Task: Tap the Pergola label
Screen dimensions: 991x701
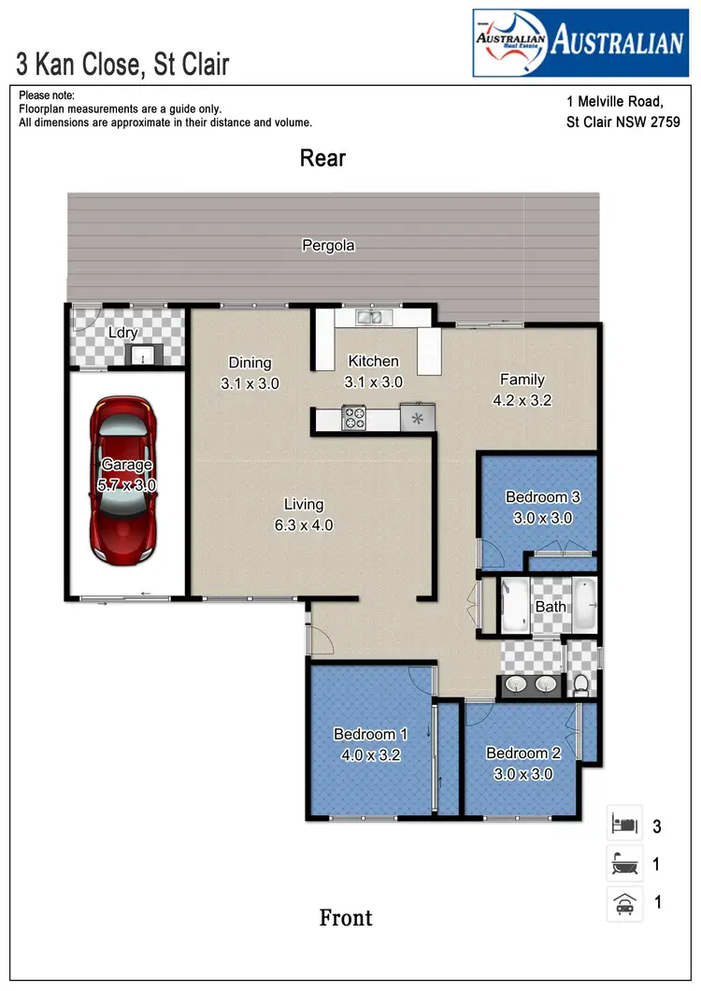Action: pos(328,246)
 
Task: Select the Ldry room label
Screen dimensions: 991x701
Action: pos(122,333)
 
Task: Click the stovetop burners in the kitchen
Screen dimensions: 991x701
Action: pos(354,417)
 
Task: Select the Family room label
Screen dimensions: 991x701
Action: pos(522,380)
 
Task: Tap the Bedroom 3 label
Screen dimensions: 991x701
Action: pos(536,496)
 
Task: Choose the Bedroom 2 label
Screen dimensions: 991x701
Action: pos(522,754)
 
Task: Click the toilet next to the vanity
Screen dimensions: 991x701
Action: pos(581,683)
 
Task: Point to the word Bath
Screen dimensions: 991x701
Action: pos(551,607)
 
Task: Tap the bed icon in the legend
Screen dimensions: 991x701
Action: pos(623,826)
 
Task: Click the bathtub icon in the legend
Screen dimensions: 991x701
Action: pos(623,865)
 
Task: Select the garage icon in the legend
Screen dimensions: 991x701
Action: pos(623,903)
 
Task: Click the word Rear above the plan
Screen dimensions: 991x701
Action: pos(322,158)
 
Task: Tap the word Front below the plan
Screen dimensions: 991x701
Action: pos(346,918)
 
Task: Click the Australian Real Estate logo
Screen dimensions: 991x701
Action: pos(579,42)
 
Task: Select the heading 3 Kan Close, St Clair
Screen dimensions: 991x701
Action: pos(122,65)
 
